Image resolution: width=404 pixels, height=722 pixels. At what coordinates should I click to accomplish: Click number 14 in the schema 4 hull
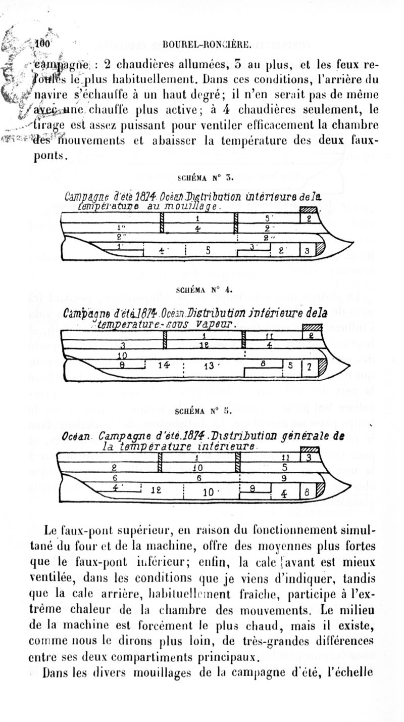[165, 365]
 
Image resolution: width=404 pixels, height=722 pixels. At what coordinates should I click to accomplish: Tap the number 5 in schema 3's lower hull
[208, 249]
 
